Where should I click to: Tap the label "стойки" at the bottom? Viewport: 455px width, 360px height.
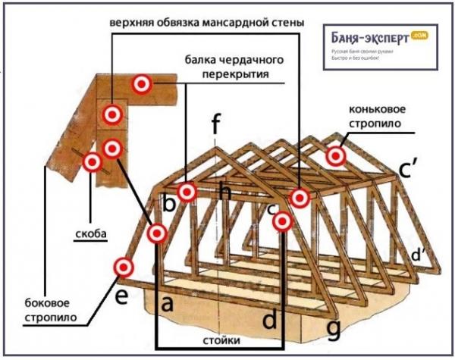click(x=218, y=340)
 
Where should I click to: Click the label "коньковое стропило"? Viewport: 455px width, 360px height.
click(x=386, y=115)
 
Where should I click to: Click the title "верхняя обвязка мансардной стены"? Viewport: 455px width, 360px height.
click(x=206, y=23)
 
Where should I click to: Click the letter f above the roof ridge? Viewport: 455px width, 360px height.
click(x=216, y=122)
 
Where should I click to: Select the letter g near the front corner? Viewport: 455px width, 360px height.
click(x=332, y=329)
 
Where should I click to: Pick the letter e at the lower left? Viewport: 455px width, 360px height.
click(x=121, y=296)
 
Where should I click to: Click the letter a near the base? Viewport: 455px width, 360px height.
click(x=169, y=305)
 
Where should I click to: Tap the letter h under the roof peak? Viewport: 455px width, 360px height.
click(x=224, y=192)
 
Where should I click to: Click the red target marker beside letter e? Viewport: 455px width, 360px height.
click(x=123, y=268)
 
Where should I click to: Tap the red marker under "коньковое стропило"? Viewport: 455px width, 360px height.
click(x=336, y=156)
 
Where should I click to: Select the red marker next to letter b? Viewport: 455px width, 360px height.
click(x=187, y=190)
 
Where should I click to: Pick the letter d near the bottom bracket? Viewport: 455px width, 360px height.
click(x=269, y=319)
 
